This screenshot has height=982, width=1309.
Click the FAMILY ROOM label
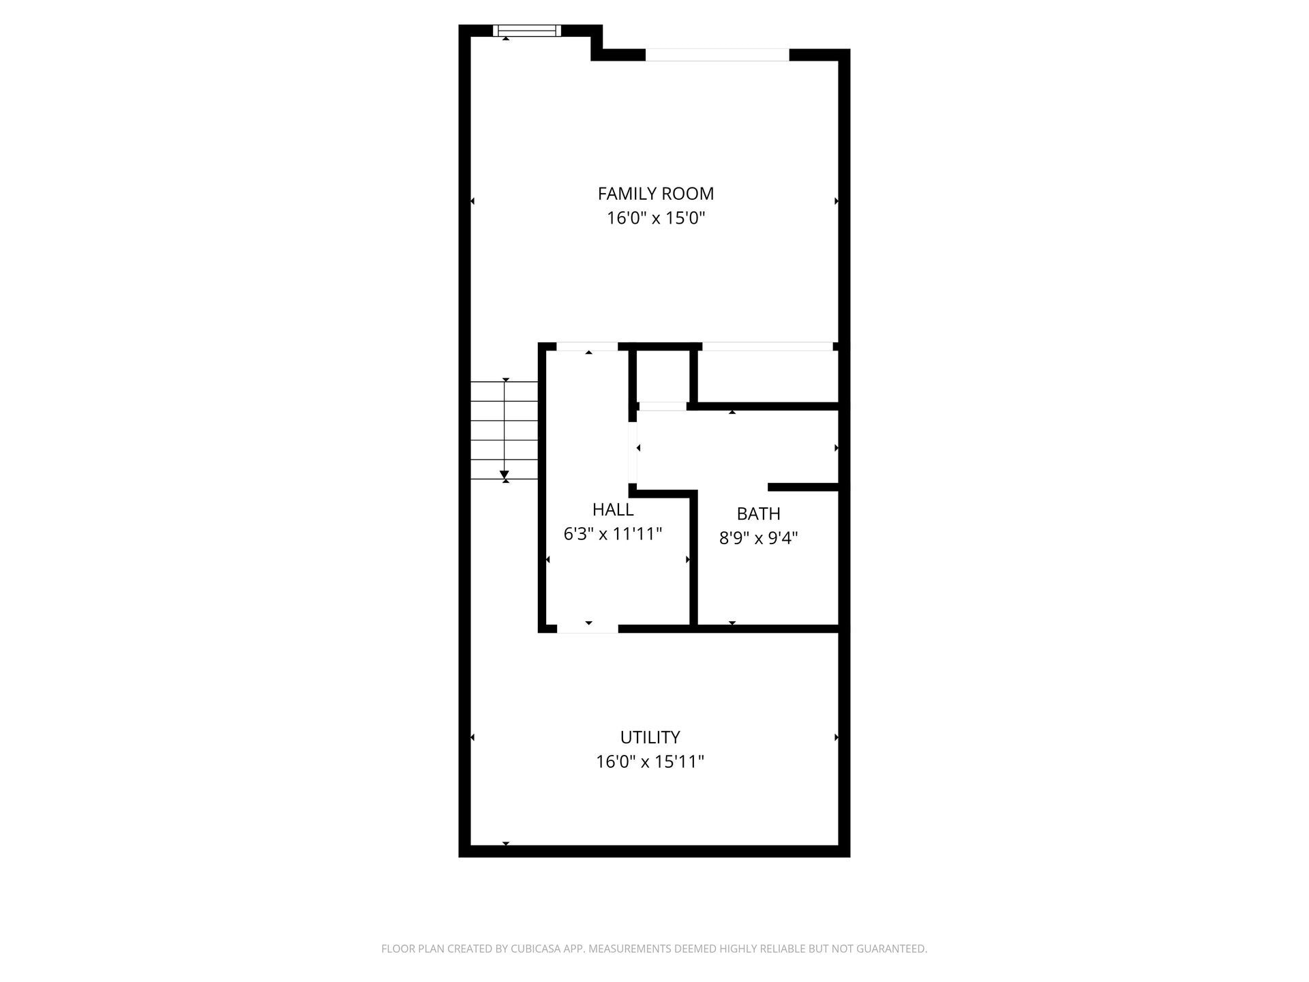click(x=655, y=194)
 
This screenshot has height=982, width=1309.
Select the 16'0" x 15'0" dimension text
click(x=655, y=218)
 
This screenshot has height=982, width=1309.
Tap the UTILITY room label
click(x=650, y=737)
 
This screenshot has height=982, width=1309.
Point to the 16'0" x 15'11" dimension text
click(x=650, y=762)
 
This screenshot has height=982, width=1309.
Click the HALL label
click(x=613, y=509)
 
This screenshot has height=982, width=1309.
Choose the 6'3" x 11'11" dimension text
click(x=613, y=534)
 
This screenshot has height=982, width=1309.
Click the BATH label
click(x=758, y=514)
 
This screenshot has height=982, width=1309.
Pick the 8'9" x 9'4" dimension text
click(x=758, y=538)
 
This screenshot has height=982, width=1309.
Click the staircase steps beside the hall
click(x=504, y=430)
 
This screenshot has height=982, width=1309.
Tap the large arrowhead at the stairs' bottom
click(x=505, y=475)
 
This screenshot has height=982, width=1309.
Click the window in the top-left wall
click(x=526, y=30)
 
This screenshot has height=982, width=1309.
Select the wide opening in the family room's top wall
click(x=717, y=55)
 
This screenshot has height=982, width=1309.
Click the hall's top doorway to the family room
click(x=587, y=346)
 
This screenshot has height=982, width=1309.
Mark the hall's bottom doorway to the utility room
click(x=587, y=628)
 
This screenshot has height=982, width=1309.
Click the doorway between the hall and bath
click(x=633, y=453)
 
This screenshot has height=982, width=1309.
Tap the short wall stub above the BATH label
click(x=803, y=487)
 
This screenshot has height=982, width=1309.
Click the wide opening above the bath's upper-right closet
click(x=767, y=346)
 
